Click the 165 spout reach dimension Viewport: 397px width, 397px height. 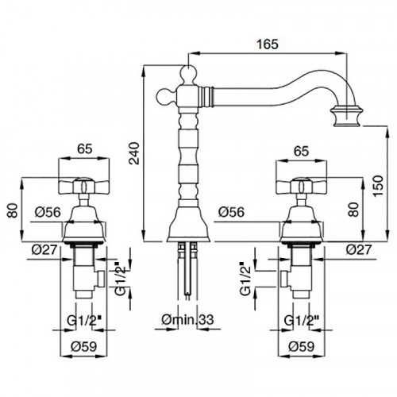[x=268, y=44]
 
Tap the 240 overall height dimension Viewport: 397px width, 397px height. [x=134, y=153]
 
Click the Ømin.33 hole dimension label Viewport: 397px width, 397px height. [x=187, y=319]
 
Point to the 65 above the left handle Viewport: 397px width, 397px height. [x=85, y=148]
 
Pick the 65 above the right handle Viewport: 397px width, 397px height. [x=302, y=151]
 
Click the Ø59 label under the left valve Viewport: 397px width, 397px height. [x=84, y=346]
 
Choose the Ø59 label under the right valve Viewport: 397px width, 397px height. [x=301, y=346]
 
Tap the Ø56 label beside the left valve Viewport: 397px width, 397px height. [x=48, y=212]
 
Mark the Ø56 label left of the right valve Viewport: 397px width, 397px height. [x=232, y=212]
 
